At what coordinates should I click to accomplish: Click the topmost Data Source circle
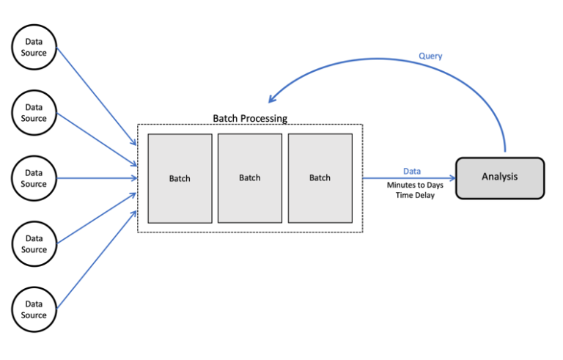34,48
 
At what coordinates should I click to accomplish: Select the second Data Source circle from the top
34,113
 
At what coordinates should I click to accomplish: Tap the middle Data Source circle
34,178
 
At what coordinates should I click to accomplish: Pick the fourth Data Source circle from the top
34,243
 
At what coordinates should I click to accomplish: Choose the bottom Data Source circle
34,309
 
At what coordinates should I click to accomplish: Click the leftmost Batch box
180,178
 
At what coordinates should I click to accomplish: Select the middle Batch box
250,178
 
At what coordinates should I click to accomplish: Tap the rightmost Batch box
320,178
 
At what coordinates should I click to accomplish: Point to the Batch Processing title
250,118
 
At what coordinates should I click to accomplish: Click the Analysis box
500,177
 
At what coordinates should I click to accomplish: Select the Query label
430,56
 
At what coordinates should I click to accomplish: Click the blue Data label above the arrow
411,171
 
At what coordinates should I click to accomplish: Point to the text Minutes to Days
415,185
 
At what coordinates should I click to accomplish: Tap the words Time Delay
416,196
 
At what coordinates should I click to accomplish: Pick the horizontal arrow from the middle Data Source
95,178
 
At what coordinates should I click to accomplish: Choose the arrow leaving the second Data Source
95,139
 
